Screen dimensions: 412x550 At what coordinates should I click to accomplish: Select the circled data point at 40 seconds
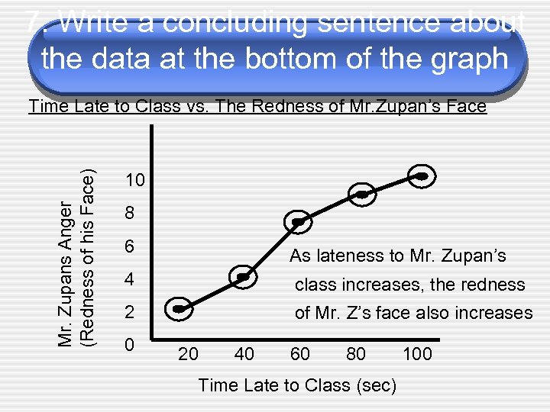click(x=243, y=277)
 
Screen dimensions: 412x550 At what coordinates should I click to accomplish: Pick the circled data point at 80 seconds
click(x=362, y=195)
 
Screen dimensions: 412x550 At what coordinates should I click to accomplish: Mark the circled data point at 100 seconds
click(x=422, y=176)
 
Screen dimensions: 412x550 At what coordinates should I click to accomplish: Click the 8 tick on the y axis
click(x=130, y=214)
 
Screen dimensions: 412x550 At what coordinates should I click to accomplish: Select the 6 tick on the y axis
click(x=130, y=247)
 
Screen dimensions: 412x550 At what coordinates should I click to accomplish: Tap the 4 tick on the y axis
click(x=130, y=280)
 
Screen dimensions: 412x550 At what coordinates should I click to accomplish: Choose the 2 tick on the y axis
click(x=130, y=313)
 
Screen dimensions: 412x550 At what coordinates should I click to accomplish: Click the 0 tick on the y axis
click(x=130, y=344)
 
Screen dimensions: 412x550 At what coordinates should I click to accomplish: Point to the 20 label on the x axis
click(x=188, y=354)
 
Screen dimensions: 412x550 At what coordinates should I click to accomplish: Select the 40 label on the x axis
click(x=244, y=354)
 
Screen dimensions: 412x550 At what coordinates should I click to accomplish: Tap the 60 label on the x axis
click(x=300, y=354)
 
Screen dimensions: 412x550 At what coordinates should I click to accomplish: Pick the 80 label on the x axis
click(x=355, y=354)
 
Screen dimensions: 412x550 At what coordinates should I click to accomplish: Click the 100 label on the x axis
click(x=416, y=354)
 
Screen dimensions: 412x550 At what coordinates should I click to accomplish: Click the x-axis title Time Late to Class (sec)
click(x=297, y=386)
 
